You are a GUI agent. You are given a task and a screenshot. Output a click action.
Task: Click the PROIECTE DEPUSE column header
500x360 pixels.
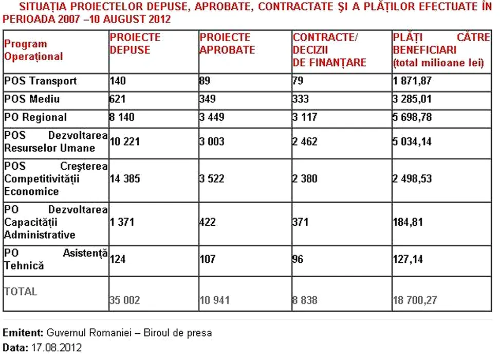[135, 44]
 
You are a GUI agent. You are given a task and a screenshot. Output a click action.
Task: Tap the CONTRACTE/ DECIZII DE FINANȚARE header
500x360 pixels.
[329, 50]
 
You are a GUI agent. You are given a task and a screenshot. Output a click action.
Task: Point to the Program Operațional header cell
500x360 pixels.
[33, 50]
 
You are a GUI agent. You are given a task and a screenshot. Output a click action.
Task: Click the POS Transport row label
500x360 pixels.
[41, 81]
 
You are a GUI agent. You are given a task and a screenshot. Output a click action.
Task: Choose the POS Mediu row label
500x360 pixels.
[32, 99]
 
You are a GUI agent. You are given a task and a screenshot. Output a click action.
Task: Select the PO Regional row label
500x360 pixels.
[35, 117]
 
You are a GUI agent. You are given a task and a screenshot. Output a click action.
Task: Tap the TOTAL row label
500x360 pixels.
[21, 291]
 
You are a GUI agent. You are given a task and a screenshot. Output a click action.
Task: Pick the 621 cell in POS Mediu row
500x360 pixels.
[118, 99]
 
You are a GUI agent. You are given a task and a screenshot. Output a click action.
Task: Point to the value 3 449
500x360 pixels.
[212, 117]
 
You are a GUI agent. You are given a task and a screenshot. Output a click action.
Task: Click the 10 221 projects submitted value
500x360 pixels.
[125, 141]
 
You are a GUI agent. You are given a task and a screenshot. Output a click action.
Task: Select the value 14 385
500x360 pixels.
[125, 179]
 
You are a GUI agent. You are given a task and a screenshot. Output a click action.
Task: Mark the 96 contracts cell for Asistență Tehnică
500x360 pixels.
[298, 259]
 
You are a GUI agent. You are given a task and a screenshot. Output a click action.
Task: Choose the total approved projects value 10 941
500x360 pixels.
[215, 300]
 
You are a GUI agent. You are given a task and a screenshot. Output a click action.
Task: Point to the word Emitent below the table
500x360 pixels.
[22, 333]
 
